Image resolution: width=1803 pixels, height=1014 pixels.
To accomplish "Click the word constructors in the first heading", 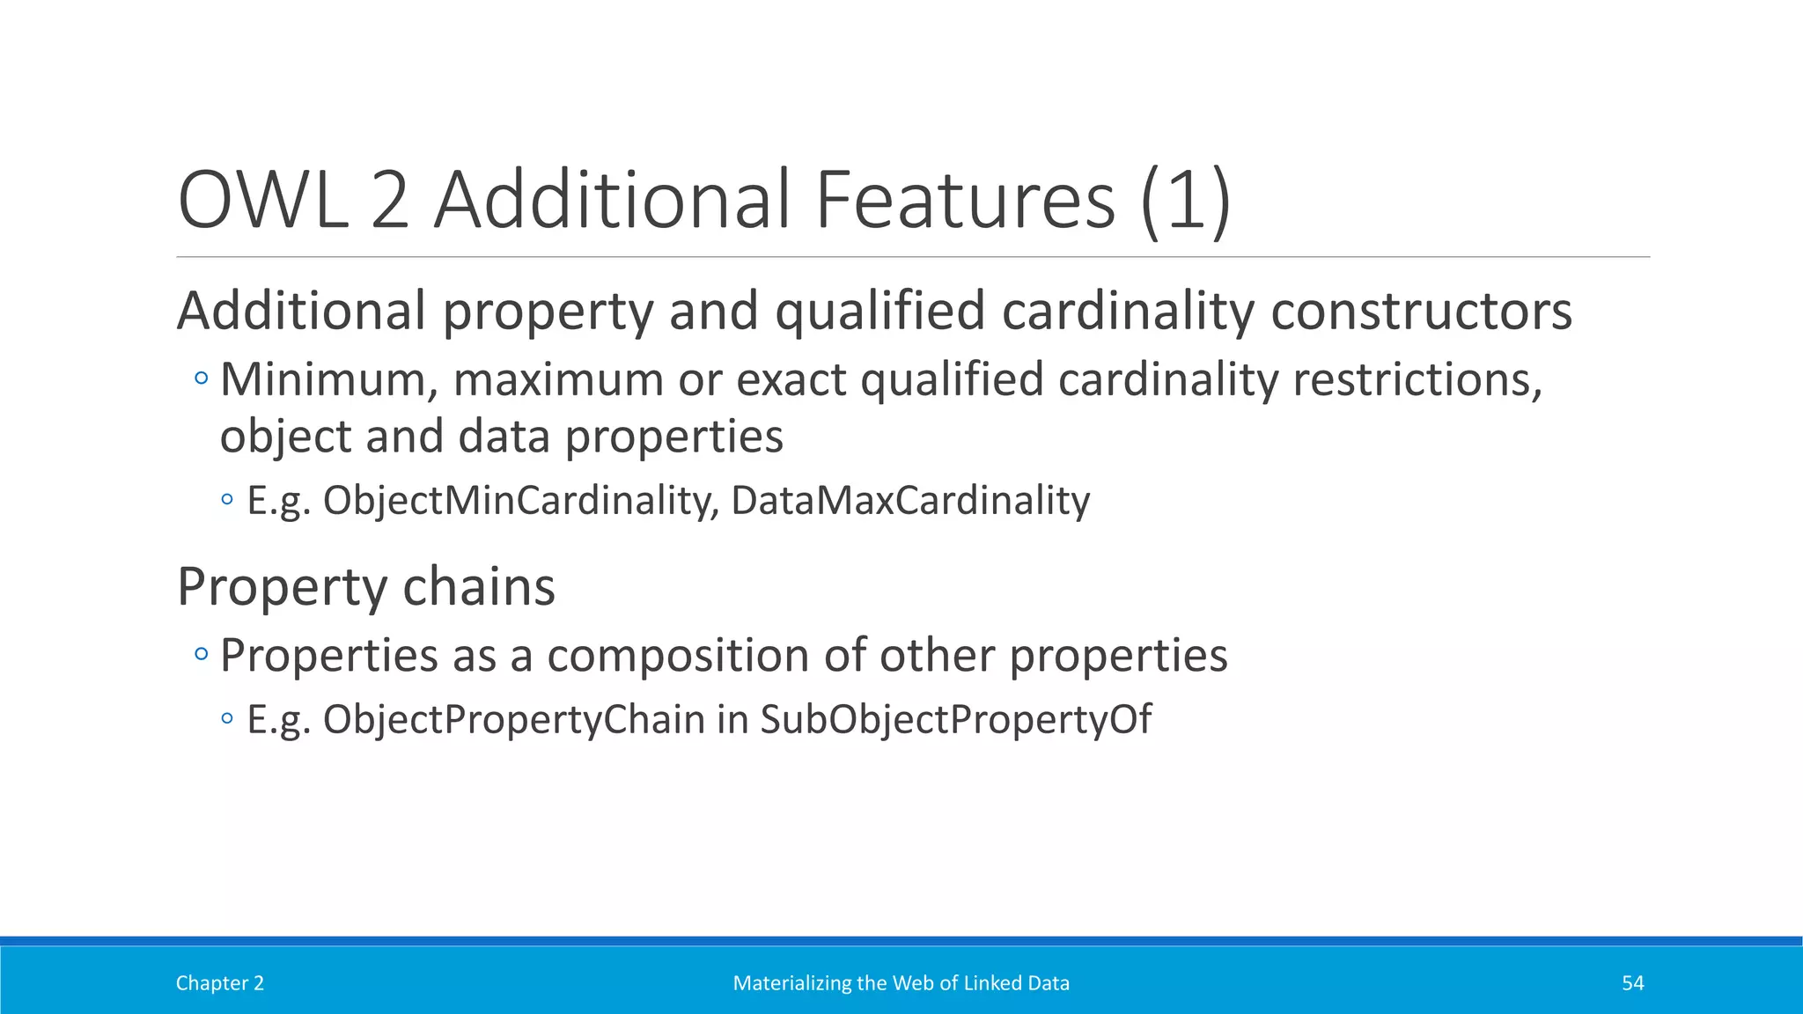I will point(1421,312).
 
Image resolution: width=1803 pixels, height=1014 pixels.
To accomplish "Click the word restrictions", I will point(1417,380).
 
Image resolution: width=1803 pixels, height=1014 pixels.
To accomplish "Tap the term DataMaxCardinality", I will point(910,501).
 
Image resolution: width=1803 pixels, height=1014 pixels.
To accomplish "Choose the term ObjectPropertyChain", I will point(513,720).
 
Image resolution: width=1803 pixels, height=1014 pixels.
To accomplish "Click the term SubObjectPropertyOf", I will point(955,720).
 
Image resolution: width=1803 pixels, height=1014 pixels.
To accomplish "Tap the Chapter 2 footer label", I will point(219,983).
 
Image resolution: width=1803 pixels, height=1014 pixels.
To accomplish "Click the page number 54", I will point(1632,983).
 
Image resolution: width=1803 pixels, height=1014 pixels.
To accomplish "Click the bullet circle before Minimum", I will point(202,379).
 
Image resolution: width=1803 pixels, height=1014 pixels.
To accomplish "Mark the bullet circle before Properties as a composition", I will point(202,654).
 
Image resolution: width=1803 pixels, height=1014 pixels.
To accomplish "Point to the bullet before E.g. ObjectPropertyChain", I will point(228,719).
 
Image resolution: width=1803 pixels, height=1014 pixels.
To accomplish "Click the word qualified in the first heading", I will point(879,312).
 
